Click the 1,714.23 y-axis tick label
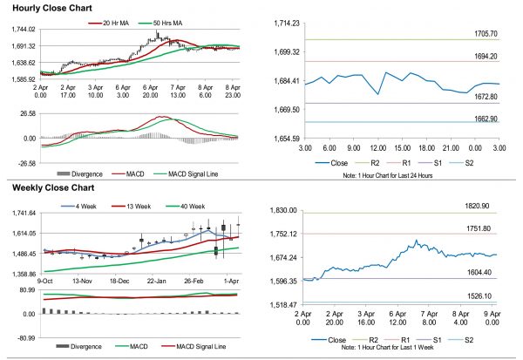[283, 22]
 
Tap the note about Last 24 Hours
[389, 176]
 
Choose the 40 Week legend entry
[190, 206]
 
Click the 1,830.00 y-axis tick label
[283, 210]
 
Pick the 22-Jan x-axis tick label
[156, 282]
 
